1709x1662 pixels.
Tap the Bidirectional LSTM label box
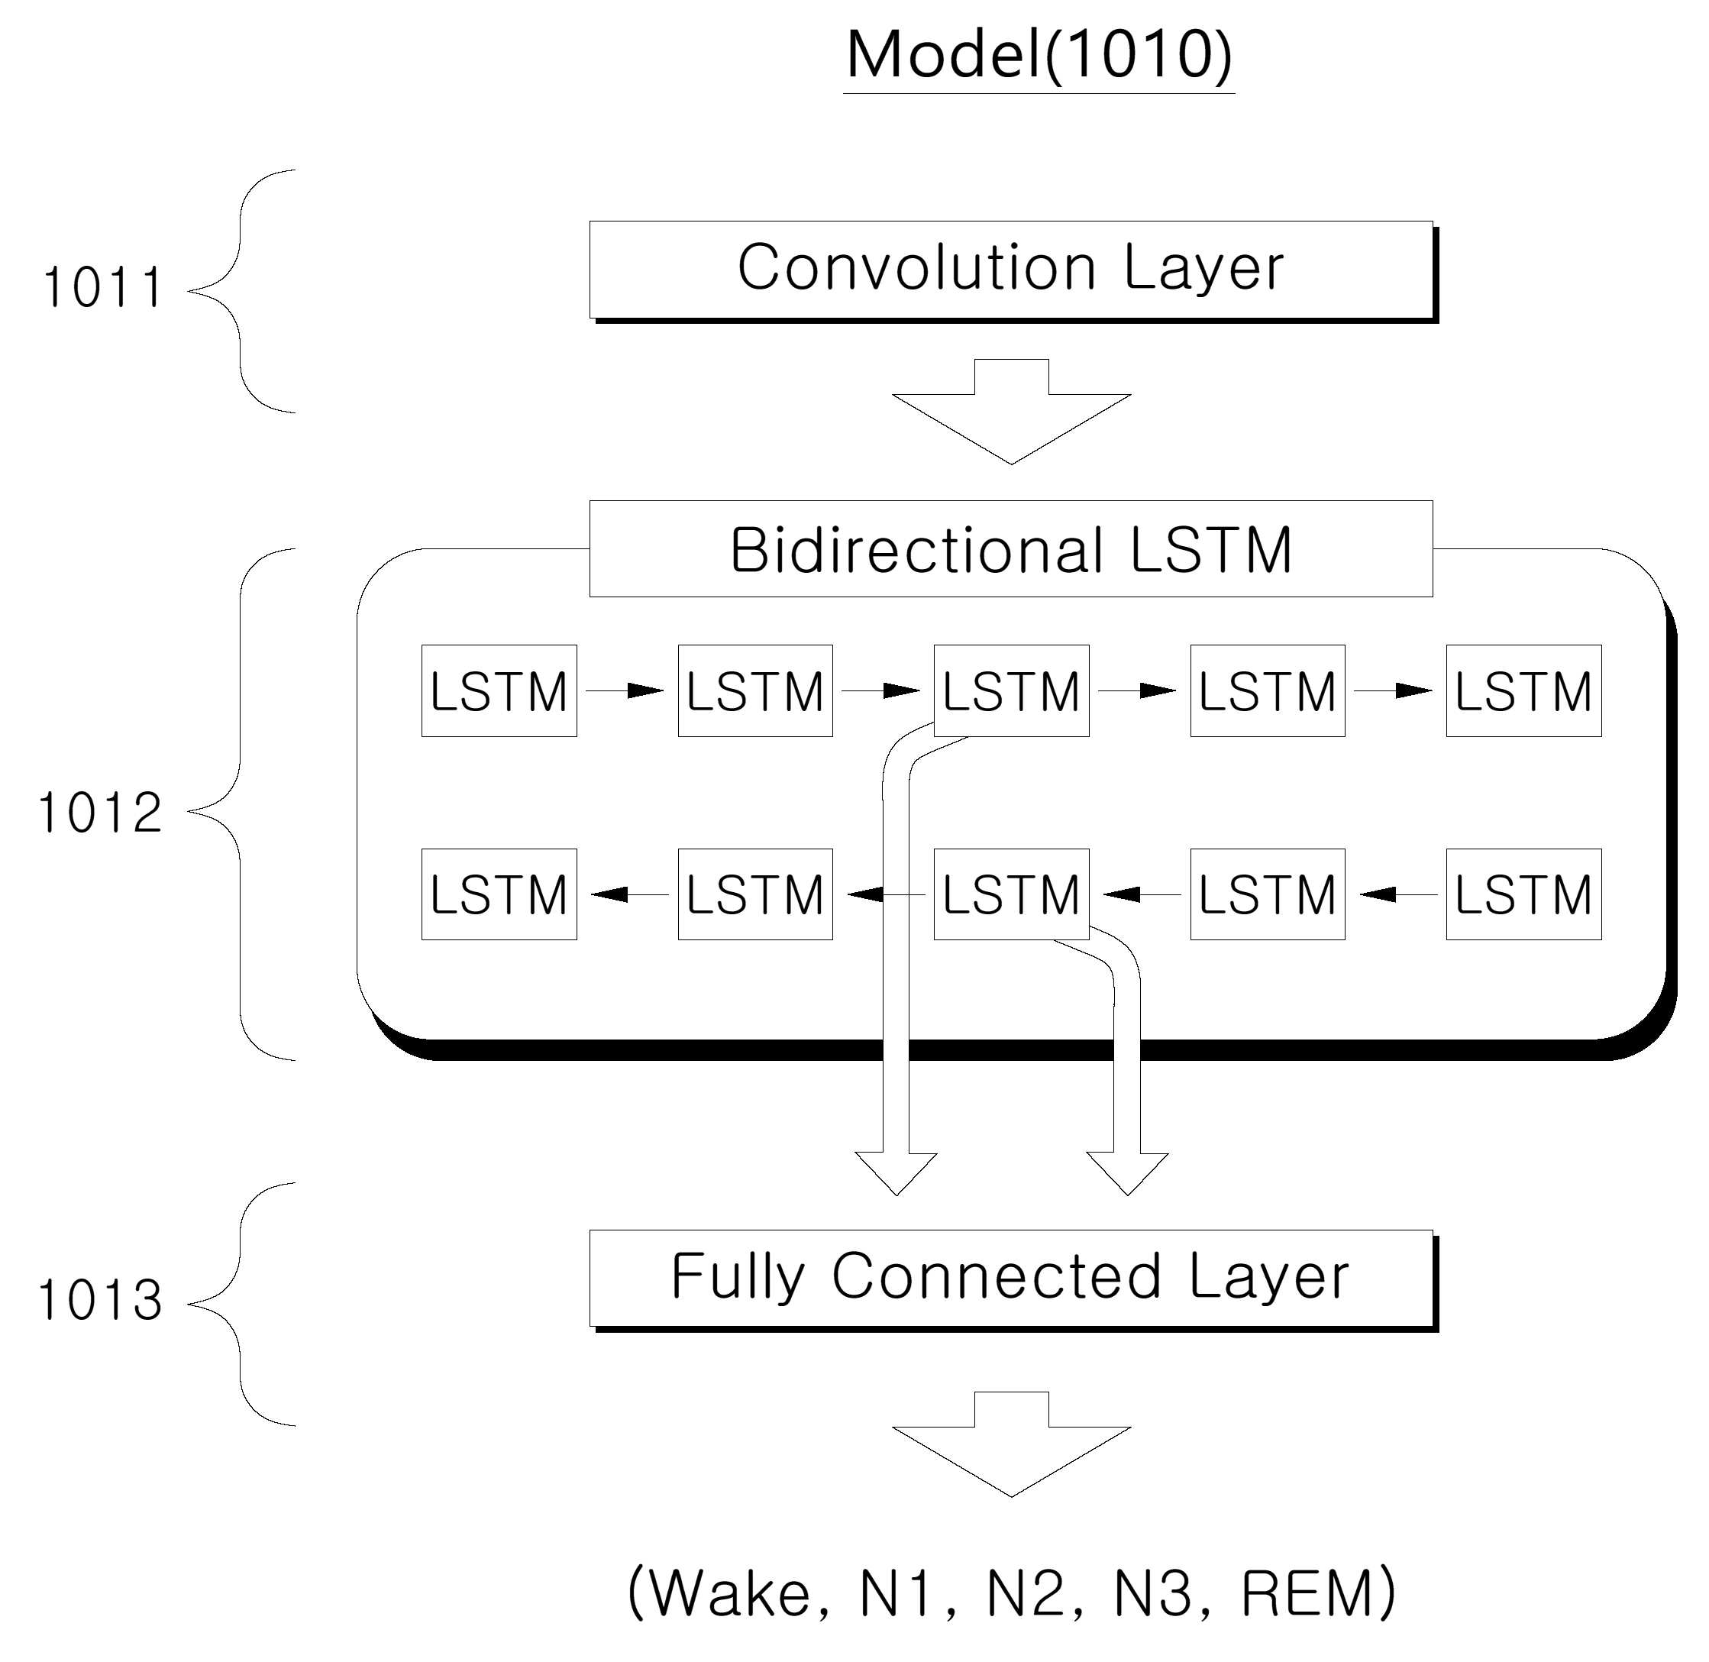pos(1011,548)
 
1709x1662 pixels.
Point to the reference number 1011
pos(102,288)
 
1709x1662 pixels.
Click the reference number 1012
pos(99,813)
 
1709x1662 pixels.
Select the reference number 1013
pos(99,1301)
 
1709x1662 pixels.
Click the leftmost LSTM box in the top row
pos(499,690)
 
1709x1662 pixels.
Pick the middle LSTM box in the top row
pos(1012,690)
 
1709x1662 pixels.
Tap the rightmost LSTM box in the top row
pos(1524,690)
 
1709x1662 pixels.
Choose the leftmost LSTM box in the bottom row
pos(499,894)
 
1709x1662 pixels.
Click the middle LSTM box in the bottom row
pos(1012,894)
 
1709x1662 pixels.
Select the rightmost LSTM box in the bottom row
pos(1524,894)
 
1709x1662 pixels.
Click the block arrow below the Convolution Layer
pos(1012,410)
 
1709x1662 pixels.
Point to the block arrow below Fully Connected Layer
pos(1012,1443)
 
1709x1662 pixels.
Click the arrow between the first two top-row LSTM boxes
pos(625,690)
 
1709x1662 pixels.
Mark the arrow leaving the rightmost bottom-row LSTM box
pos(1398,894)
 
